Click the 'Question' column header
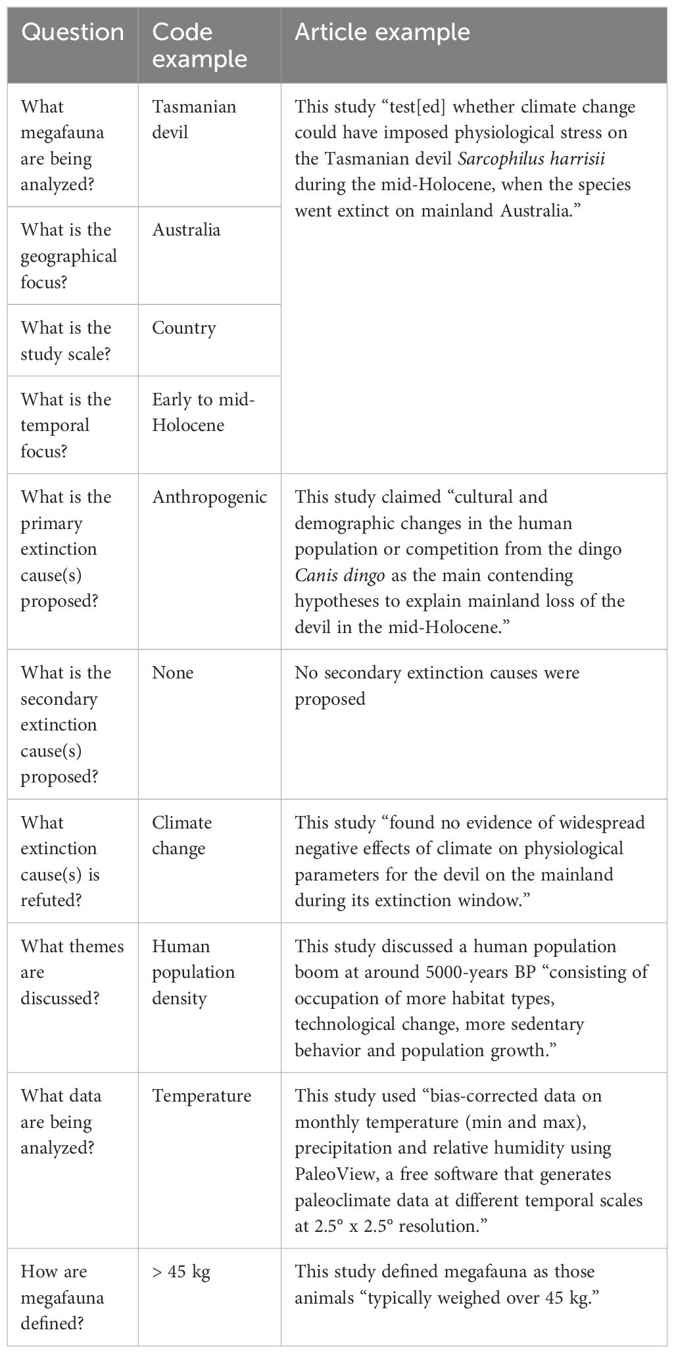point(72,33)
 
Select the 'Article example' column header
point(382,33)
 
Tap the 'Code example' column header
point(199,45)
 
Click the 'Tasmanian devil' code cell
point(194,119)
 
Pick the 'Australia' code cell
point(186,230)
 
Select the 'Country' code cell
point(183,328)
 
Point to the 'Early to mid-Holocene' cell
point(203,412)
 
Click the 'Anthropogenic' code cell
point(209,497)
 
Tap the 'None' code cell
point(172,673)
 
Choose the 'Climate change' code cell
point(181,835)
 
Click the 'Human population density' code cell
point(193,972)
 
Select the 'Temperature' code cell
point(201,1096)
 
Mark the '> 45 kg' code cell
point(181,1272)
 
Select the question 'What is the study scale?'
point(66,340)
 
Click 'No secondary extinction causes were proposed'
point(437,685)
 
